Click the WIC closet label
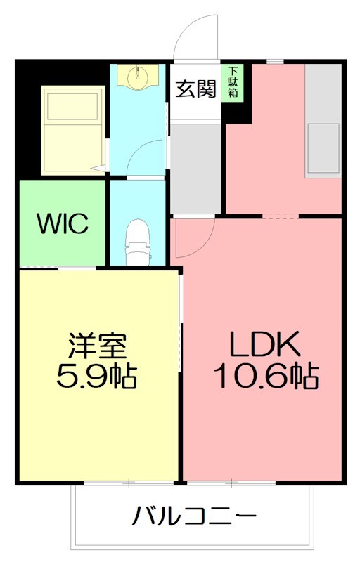pyautogui.click(x=63, y=225)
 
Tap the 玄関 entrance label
pyautogui.click(x=195, y=91)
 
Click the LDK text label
pyautogui.click(x=266, y=344)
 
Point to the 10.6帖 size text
pyautogui.click(x=266, y=377)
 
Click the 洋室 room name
pyautogui.click(x=97, y=346)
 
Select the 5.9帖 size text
pyautogui.click(x=97, y=377)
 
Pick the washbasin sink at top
pyautogui.click(x=137, y=75)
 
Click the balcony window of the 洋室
pyautogui.click(x=129, y=483)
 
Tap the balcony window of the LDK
pyautogui.click(x=231, y=483)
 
